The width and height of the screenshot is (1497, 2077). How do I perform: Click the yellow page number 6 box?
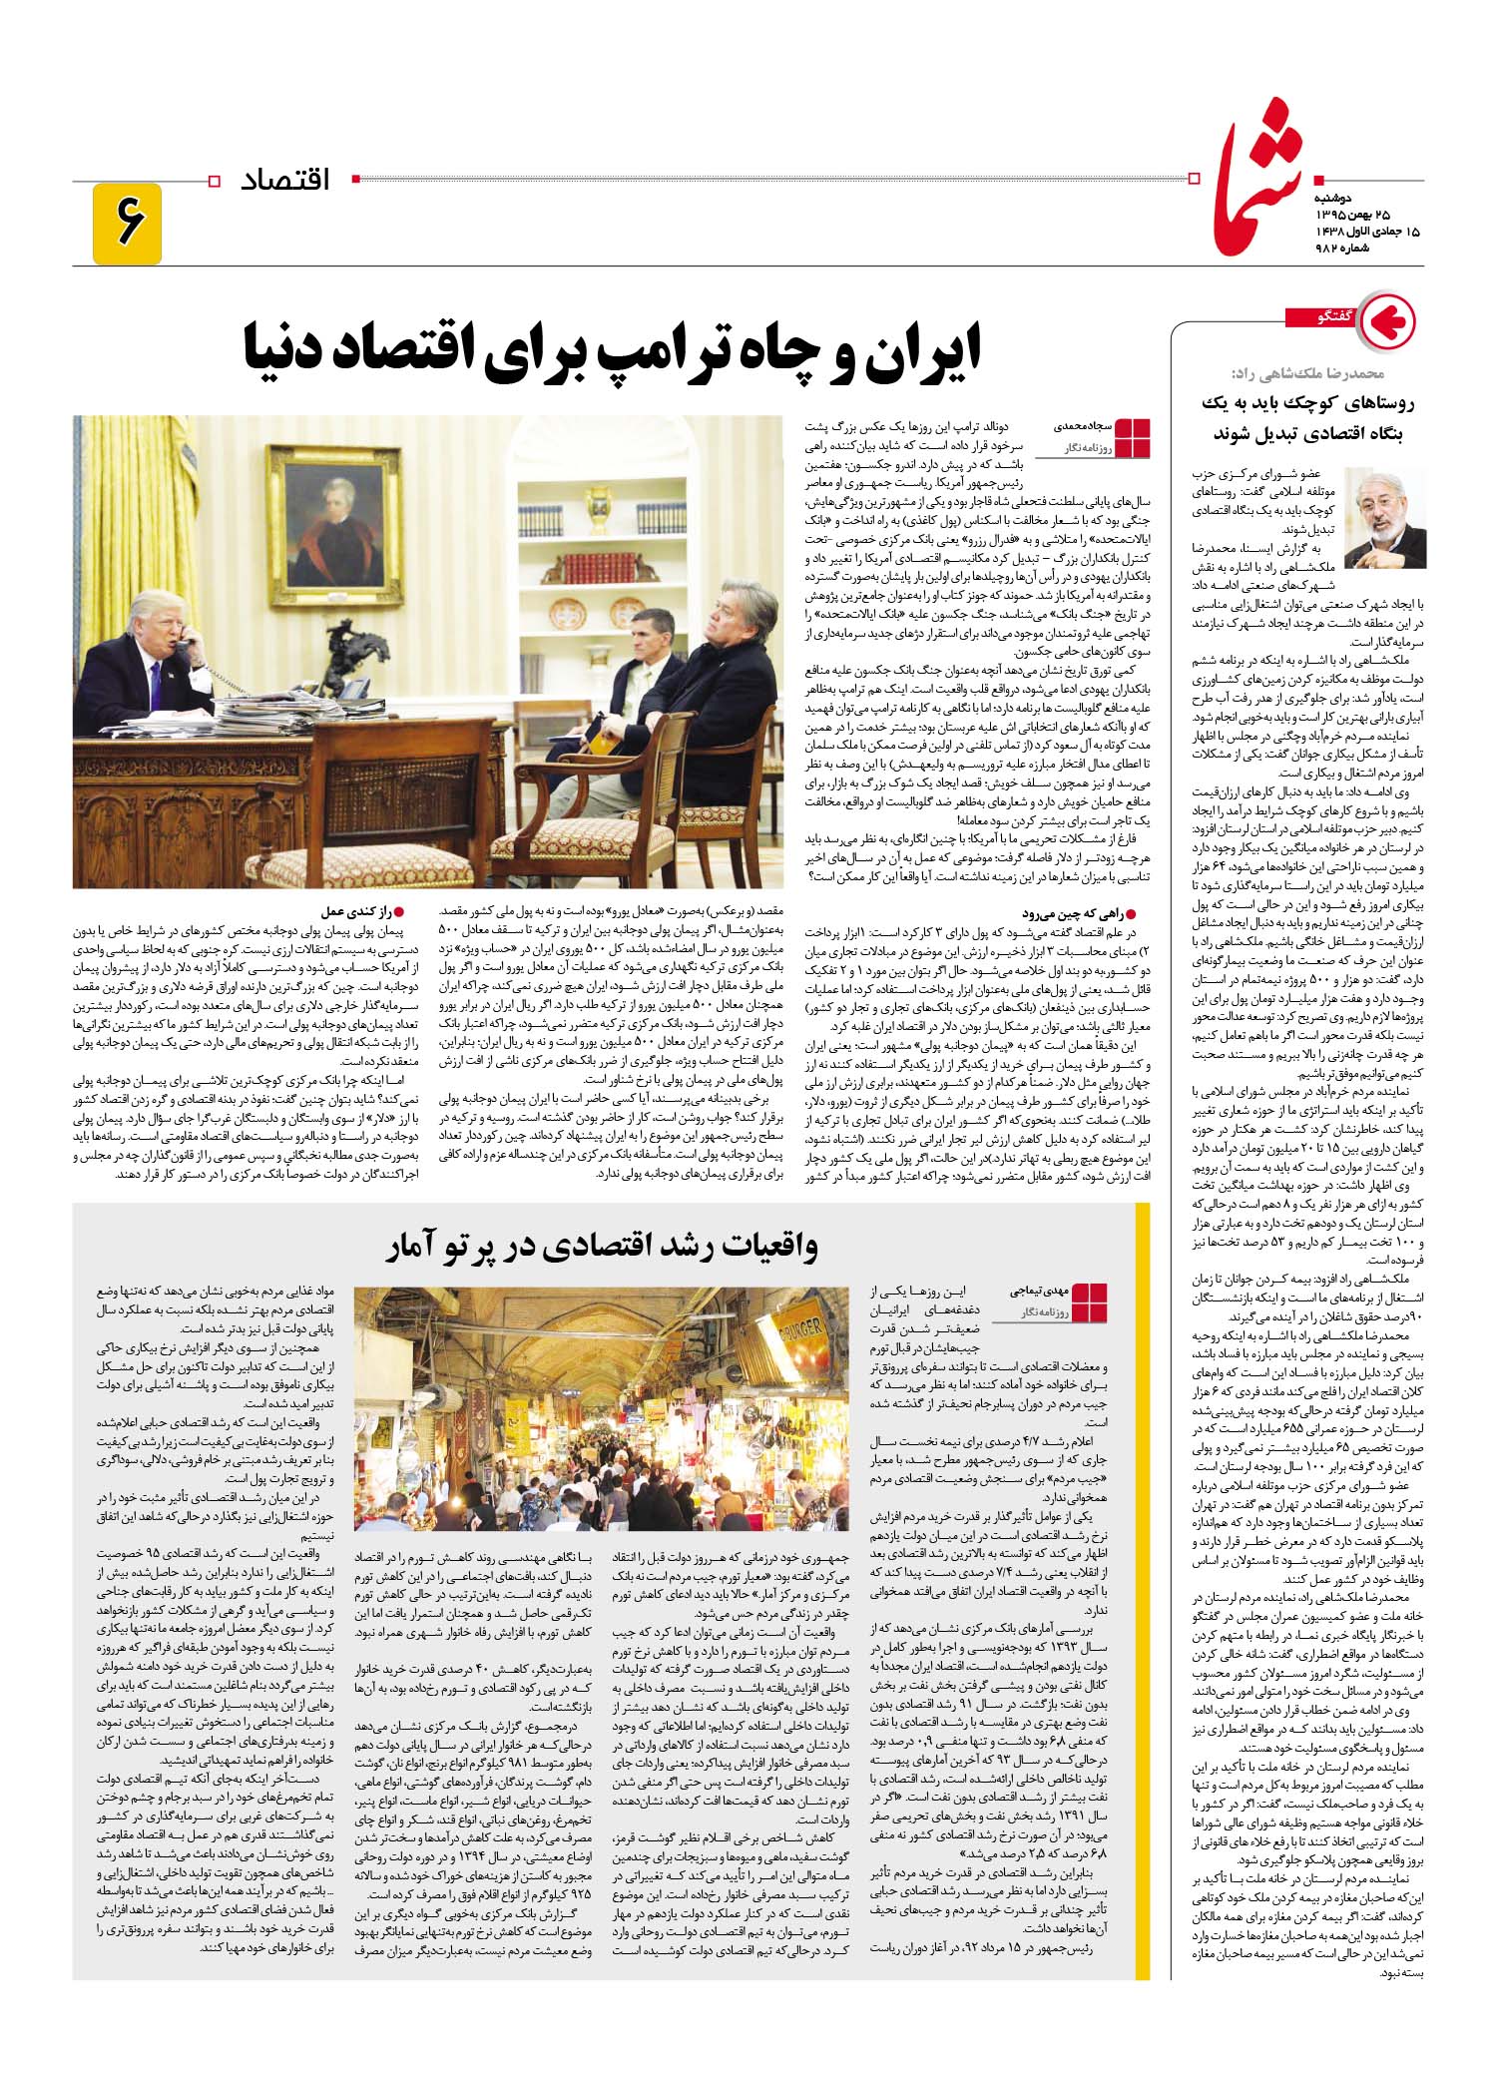pos(127,225)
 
